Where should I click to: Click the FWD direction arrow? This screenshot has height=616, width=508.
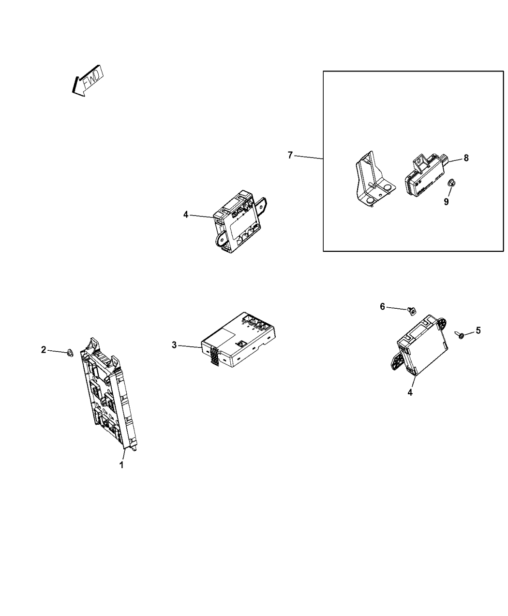(88, 81)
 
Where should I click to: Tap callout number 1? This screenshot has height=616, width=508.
(121, 465)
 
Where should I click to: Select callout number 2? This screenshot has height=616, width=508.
(44, 350)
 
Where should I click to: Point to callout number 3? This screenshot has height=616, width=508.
(174, 344)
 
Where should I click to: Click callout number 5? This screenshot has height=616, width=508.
(478, 330)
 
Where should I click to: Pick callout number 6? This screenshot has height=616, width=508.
(382, 307)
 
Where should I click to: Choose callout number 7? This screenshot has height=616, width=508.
(290, 155)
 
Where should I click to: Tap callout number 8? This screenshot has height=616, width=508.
(466, 158)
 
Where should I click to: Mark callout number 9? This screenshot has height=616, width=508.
(446, 202)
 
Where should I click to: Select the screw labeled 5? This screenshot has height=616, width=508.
(459, 335)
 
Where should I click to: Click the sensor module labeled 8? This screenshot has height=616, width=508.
(426, 175)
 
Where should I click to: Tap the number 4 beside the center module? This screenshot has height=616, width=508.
(186, 215)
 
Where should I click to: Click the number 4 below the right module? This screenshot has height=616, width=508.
(410, 392)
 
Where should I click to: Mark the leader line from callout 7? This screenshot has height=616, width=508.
(309, 157)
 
